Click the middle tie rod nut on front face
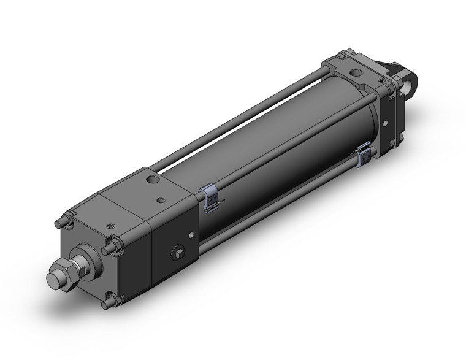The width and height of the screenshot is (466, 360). (111, 248)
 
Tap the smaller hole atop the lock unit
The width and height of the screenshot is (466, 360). (161, 200)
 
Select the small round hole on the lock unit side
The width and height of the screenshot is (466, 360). (193, 234)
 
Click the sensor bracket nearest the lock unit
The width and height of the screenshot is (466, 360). (210, 199)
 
